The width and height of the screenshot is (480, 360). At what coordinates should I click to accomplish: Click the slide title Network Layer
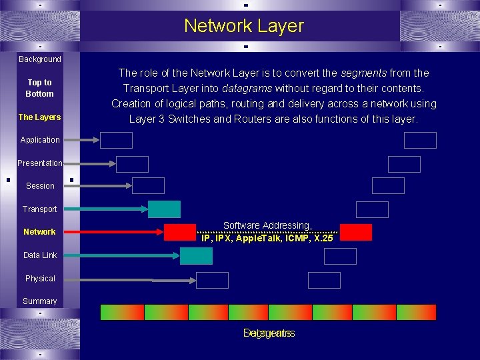point(243,26)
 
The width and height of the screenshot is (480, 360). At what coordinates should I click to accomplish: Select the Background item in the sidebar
point(39,59)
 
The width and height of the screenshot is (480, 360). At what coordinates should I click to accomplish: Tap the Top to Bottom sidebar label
point(39,88)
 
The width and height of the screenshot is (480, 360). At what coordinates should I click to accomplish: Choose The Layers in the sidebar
point(39,117)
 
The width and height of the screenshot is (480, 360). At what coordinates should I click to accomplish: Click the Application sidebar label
point(40,140)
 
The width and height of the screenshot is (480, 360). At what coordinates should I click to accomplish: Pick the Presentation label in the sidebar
point(40,163)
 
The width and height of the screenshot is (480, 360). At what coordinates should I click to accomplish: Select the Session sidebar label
point(40,186)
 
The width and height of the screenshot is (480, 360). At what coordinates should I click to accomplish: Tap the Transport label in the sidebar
point(40,209)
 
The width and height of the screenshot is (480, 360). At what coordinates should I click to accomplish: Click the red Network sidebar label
point(39,232)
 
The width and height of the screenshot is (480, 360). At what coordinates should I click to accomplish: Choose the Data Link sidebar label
point(40,255)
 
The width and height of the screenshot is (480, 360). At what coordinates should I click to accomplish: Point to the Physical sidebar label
point(40,279)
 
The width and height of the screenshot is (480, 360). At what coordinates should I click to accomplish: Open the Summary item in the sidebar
point(40,301)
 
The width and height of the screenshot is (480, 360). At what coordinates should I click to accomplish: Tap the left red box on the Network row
point(180,232)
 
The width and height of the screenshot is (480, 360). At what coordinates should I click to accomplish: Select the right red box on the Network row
point(356,232)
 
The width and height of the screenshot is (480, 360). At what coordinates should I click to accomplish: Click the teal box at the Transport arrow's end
point(164,209)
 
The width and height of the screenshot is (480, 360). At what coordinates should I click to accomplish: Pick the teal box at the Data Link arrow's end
point(196,255)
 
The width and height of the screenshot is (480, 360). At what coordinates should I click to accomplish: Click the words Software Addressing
point(267,226)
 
